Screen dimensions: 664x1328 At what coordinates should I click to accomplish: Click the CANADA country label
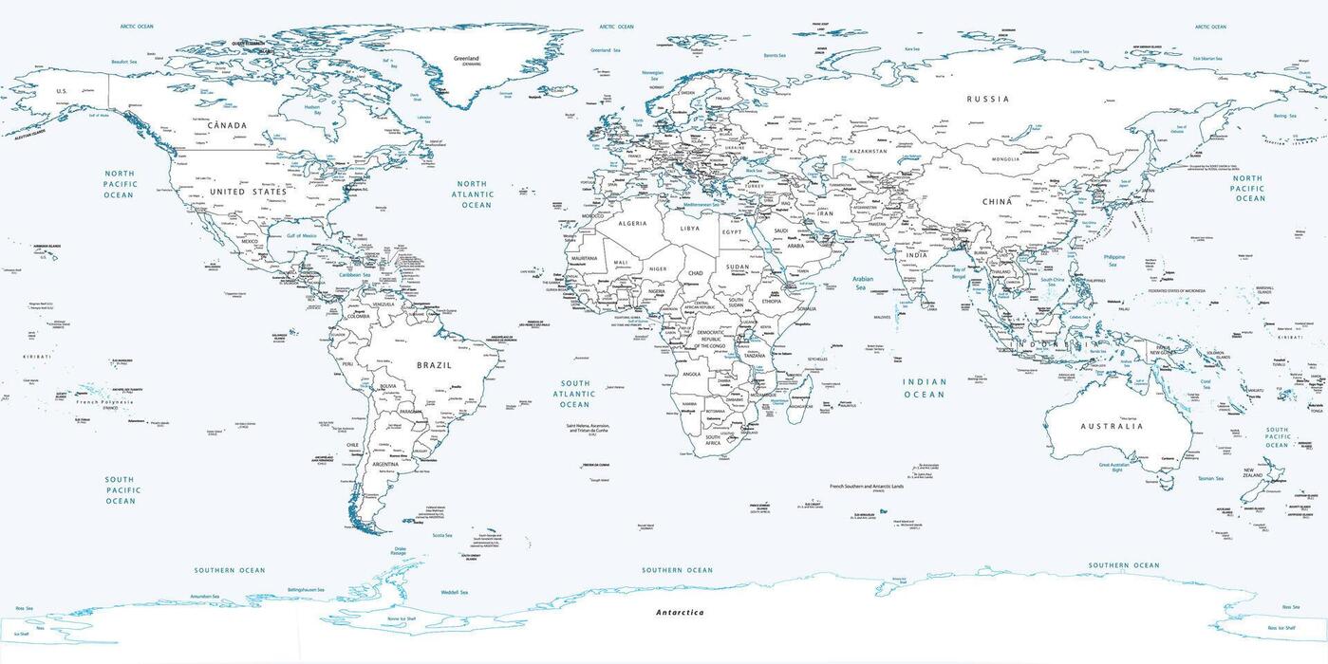227,125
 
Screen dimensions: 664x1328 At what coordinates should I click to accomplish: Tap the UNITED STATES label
248,192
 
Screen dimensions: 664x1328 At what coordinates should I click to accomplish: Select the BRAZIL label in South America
434,365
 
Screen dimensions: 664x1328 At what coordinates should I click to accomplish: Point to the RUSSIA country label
988,99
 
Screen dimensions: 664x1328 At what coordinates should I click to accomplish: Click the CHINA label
998,202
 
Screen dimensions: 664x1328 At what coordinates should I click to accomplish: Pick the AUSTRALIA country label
1112,427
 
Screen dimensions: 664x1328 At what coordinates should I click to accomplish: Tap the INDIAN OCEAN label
924,388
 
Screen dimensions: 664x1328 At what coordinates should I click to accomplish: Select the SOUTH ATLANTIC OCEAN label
574,394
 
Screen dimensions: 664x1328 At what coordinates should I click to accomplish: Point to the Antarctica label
680,613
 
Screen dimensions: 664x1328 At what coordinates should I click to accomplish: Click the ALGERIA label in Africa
632,224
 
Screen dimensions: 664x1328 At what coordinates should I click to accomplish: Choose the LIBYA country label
690,229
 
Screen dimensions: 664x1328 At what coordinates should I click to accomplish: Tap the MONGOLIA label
1004,159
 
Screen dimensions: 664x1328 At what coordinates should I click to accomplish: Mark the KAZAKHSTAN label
869,152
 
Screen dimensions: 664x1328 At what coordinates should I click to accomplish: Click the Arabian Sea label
862,283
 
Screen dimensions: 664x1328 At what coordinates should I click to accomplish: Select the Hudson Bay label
312,110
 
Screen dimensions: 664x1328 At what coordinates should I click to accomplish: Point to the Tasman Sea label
1211,479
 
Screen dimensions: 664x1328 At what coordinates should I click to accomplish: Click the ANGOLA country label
691,374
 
